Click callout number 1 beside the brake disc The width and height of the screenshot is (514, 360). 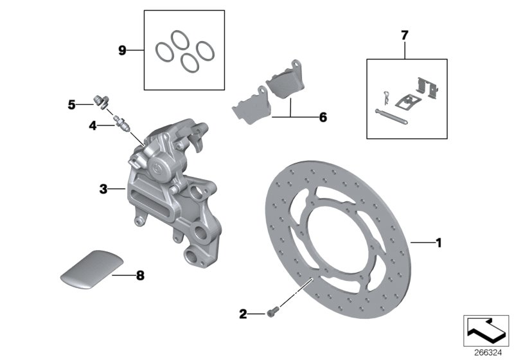(439, 243)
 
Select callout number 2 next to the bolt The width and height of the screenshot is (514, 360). (243, 314)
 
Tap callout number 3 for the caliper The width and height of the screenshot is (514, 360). (103, 189)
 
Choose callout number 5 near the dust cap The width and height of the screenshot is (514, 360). (72, 103)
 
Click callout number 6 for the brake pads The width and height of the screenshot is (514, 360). (323, 118)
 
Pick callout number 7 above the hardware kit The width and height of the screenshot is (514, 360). (404, 35)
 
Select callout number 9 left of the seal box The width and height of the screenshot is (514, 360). (122, 50)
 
